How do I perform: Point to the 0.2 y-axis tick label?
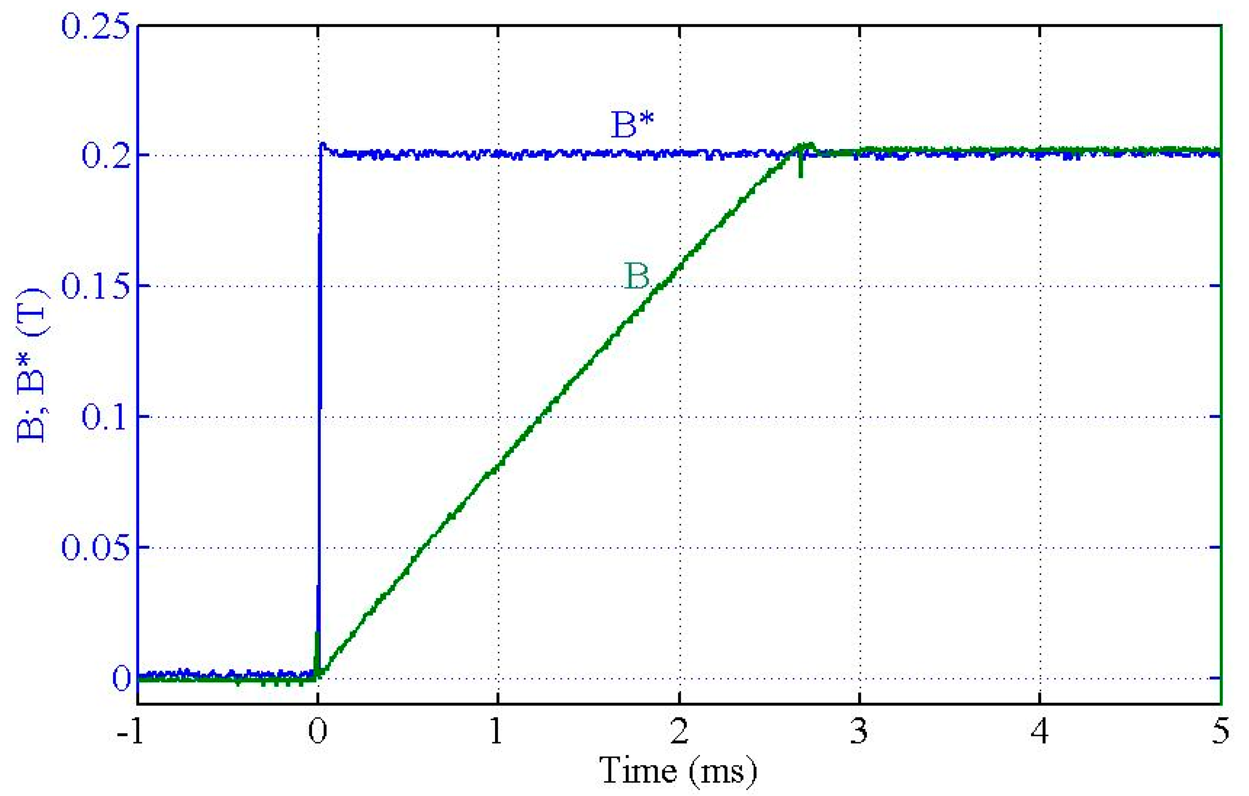105,155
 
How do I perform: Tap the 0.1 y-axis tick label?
105,417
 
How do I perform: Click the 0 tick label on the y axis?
122,678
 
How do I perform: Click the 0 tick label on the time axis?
317,732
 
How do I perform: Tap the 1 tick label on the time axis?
497,732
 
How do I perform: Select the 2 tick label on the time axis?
679,732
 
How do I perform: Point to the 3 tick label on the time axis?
859,732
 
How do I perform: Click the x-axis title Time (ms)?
678,771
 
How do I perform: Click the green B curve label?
636,276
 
